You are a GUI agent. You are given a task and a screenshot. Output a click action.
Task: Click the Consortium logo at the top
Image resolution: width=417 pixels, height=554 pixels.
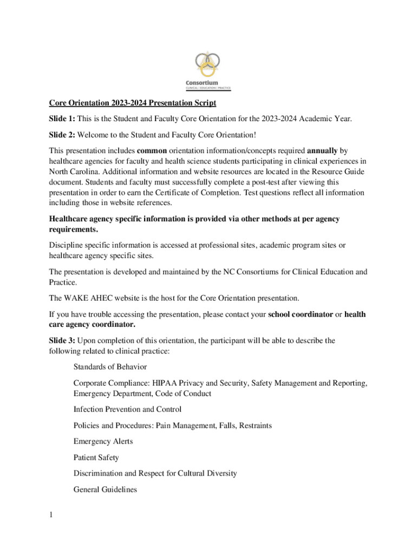pos(208,70)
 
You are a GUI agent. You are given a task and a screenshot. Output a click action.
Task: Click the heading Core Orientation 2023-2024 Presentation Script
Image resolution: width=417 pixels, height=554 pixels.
pos(133,103)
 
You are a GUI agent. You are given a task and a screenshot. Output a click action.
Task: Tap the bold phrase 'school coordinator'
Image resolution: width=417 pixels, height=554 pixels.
pos(301,314)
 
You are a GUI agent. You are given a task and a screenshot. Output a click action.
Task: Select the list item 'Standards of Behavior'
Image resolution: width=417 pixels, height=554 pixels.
pos(110,367)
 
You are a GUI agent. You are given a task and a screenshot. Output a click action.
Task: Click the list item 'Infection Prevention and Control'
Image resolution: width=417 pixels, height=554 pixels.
pos(127,409)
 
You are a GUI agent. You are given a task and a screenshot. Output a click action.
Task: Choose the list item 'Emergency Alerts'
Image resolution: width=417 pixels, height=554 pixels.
pos(103,441)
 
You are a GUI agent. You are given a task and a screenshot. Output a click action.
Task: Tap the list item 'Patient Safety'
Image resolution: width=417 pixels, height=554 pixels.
pos(96,458)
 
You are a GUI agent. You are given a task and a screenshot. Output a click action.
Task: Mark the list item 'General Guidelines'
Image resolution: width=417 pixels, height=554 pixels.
pos(105,490)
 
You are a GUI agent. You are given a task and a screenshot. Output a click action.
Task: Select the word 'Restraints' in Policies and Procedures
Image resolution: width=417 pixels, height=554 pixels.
pos(253,425)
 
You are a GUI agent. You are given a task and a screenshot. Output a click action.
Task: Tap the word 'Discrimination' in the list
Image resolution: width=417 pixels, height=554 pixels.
pos(98,473)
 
